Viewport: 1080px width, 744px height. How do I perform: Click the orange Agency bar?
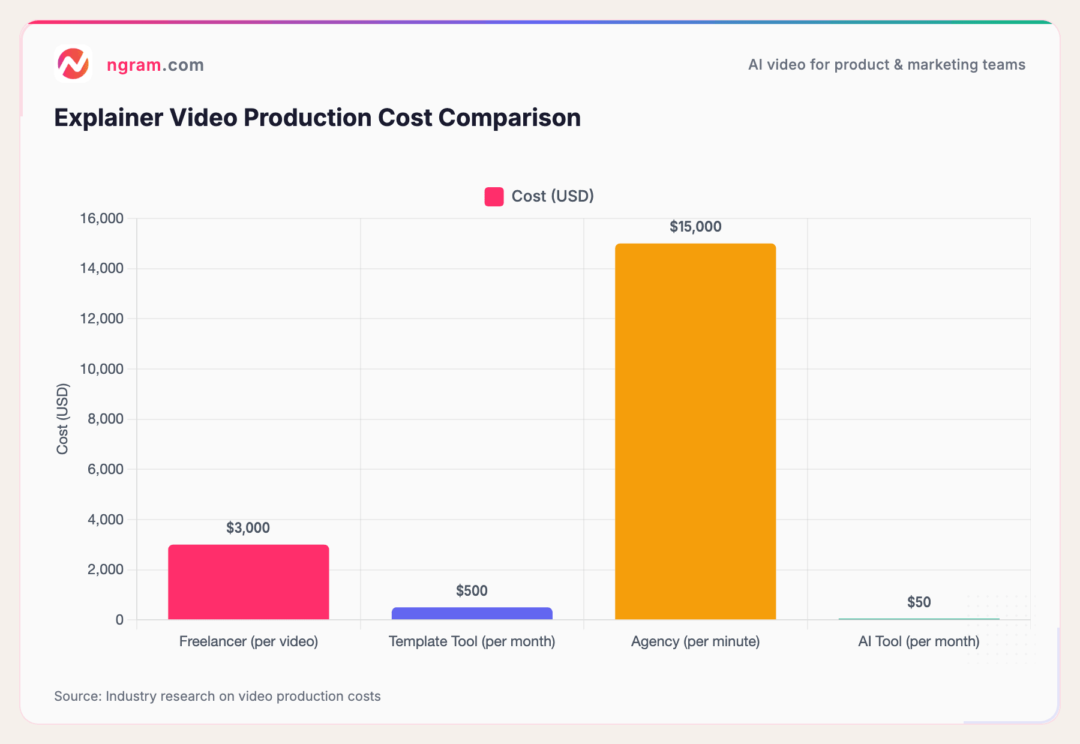coord(695,432)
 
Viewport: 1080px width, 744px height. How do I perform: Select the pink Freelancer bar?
coord(248,582)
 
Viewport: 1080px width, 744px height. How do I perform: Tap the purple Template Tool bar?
coord(472,613)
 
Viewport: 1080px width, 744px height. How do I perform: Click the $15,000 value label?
coord(695,227)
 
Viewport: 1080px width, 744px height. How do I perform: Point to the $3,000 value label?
coord(248,528)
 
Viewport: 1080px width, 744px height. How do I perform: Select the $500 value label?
coord(472,591)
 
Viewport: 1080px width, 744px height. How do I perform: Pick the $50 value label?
coord(919,602)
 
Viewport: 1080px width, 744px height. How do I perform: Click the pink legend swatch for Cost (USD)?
coord(494,197)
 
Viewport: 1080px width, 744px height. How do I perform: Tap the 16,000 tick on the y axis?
coord(102,218)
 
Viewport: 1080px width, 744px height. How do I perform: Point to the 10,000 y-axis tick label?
coord(102,369)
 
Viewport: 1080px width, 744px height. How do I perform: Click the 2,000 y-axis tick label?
coord(106,569)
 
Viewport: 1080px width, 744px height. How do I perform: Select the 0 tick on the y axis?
coord(119,620)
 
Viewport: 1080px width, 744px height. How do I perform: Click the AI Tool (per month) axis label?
coord(919,641)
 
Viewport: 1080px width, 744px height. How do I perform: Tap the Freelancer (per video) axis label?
coord(248,641)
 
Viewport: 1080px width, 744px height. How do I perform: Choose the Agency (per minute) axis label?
coord(695,641)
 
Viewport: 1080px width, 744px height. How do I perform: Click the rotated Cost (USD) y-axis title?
coord(62,419)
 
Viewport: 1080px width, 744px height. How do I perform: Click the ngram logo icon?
coord(73,64)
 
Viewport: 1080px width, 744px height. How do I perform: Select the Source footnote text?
coord(217,696)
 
